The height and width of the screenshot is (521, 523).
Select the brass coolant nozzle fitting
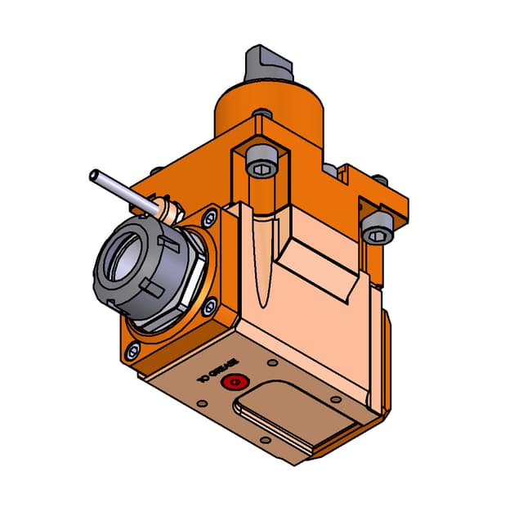(168, 212)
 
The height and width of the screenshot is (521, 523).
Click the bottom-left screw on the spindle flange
(132, 353)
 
